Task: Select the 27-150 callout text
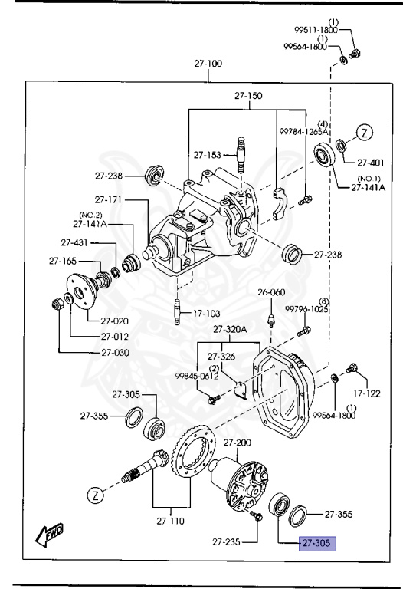tap(247, 96)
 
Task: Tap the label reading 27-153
tap(207, 154)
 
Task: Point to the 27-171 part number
tap(109, 199)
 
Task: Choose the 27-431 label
tap(76, 242)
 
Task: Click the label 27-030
tap(114, 353)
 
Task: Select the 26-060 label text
tap(270, 292)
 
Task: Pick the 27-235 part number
tap(228, 542)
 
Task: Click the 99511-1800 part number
tap(316, 30)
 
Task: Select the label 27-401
tap(372, 162)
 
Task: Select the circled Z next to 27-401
tap(365, 133)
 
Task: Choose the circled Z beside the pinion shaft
tap(93, 495)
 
